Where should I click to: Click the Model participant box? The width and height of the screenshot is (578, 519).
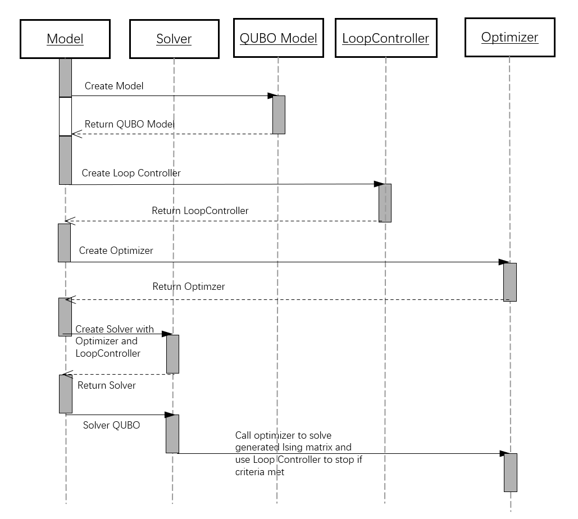click(x=65, y=39)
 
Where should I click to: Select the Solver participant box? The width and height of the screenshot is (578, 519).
click(x=174, y=39)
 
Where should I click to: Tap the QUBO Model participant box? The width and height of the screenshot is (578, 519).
click(x=278, y=38)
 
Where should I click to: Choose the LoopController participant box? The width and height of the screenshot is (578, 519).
click(x=385, y=38)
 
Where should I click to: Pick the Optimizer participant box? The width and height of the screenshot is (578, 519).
click(x=509, y=37)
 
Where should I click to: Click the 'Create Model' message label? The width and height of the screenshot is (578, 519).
click(x=114, y=86)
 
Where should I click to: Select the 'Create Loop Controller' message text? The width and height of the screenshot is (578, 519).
click(x=131, y=173)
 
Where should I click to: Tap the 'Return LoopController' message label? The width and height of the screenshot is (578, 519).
click(x=200, y=211)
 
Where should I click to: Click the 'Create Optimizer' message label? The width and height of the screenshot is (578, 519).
click(x=116, y=251)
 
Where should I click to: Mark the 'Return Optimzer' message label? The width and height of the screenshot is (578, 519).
click(x=189, y=286)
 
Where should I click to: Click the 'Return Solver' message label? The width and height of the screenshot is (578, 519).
click(x=107, y=385)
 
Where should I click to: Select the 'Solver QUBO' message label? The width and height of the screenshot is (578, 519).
click(x=111, y=425)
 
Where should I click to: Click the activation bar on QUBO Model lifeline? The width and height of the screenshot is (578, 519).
click(x=279, y=115)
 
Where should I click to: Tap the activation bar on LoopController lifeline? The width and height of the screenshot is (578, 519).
click(x=385, y=203)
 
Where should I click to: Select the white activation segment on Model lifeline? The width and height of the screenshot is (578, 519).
click(x=66, y=116)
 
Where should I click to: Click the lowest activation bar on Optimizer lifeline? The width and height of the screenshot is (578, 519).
click(x=510, y=472)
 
